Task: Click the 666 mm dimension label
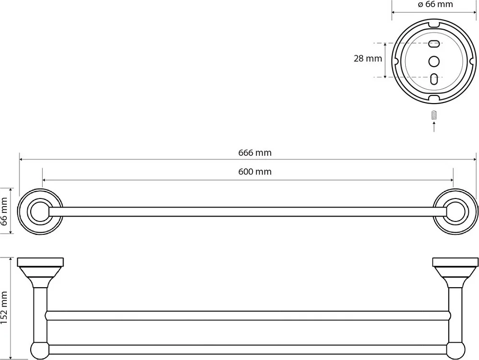pyautogui.click(x=255, y=152)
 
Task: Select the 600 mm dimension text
pyautogui.click(x=255, y=172)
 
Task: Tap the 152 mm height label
pyautogui.click(x=4, y=307)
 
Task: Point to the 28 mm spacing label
pyautogui.click(x=368, y=58)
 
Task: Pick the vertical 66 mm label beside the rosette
pyautogui.click(x=4, y=211)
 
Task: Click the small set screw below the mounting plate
pyautogui.click(x=434, y=115)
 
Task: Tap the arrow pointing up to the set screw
pyautogui.click(x=434, y=127)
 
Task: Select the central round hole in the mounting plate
pyautogui.click(x=434, y=61)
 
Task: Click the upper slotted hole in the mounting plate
pyautogui.click(x=434, y=44)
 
